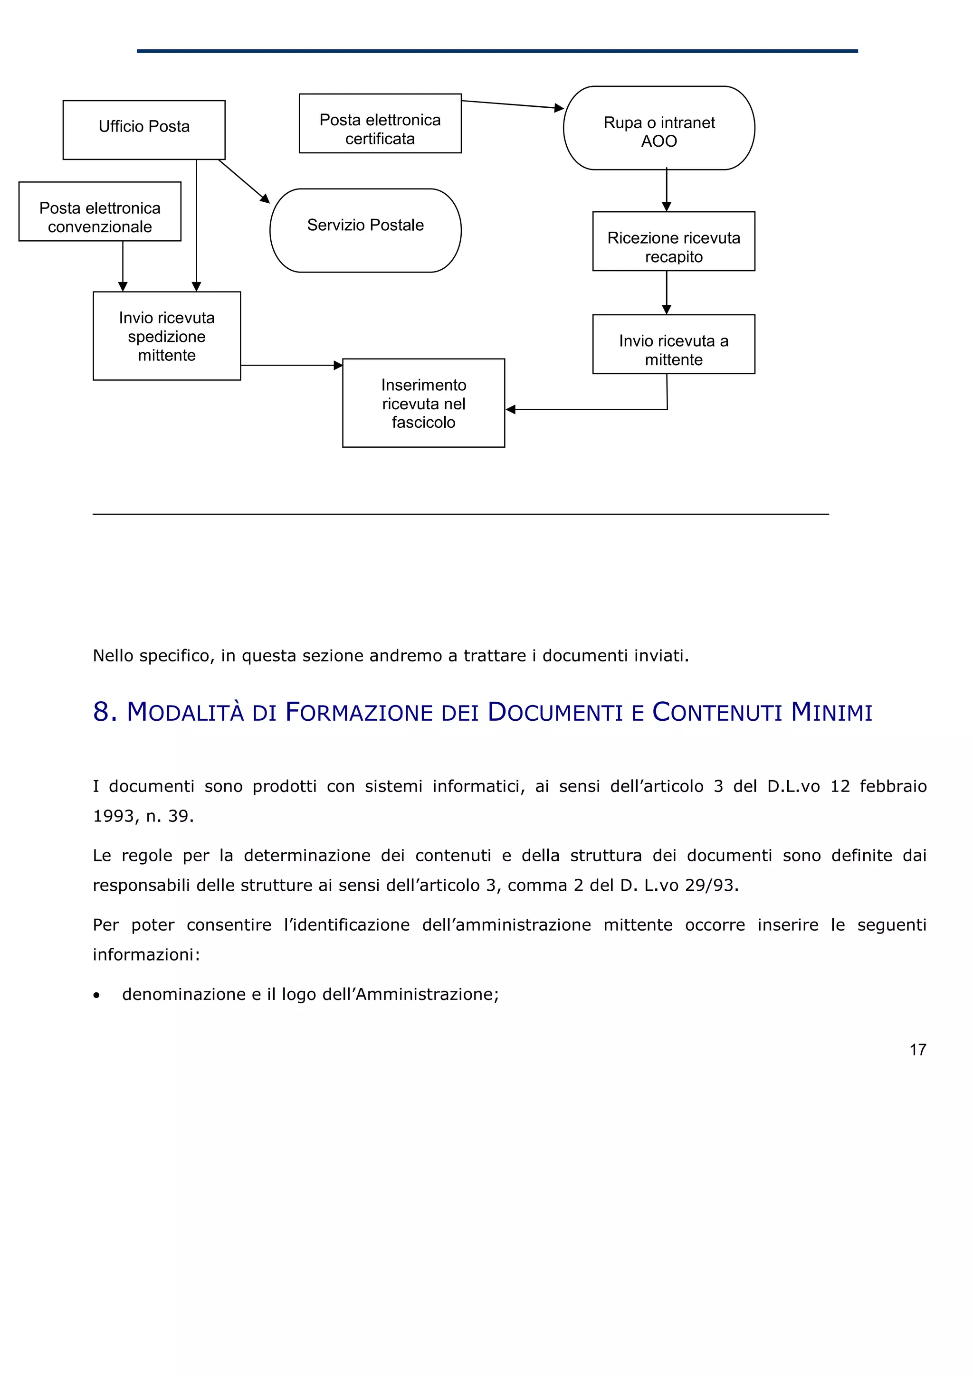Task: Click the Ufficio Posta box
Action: [x=144, y=130]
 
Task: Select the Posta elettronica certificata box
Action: [x=380, y=123]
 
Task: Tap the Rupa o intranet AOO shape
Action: [x=658, y=128]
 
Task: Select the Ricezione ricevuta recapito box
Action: [x=673, y=242]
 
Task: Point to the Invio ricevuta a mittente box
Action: [x=673, y=345]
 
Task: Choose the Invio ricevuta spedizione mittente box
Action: [x=167, y=336]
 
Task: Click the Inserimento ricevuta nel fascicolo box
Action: [x=423, y=403]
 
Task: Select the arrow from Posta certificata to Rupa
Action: [x=513, y=104]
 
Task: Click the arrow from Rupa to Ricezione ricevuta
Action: [x=666, y=190]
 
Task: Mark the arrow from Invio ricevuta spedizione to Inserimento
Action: [x=291, y=365]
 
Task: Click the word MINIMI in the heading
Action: [x=831, y=712]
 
